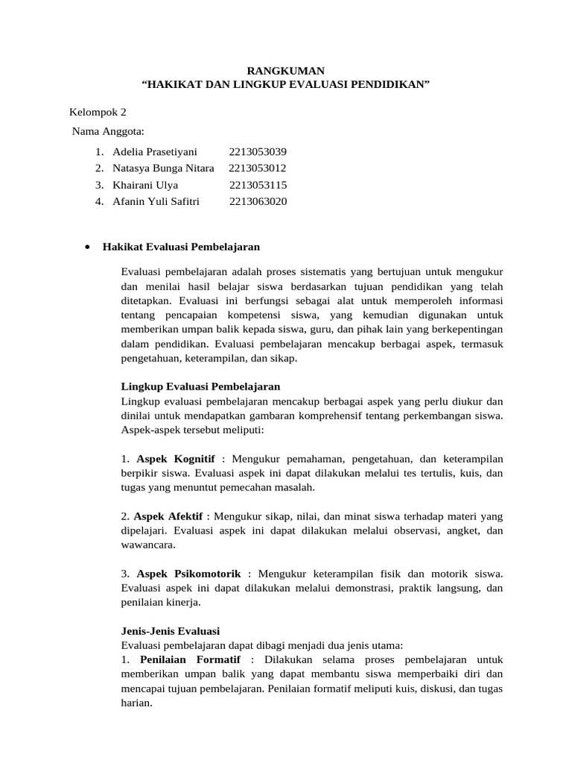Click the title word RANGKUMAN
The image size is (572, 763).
(286, 71)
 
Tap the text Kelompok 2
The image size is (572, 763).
(98, 113)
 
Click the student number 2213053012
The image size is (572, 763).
(258, 168)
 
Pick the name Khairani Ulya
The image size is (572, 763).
(145, 185)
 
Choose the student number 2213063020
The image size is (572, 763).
(258, 201)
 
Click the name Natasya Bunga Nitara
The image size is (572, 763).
(163, 168)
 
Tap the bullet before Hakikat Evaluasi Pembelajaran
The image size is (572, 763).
(88, 247)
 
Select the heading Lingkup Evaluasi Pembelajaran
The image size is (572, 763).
(200, 386)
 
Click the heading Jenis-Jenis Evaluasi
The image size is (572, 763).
(170, 630)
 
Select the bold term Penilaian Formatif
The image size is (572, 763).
(191, 660)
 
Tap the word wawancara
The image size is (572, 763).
(148, 545)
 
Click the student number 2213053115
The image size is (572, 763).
(258, 185)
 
